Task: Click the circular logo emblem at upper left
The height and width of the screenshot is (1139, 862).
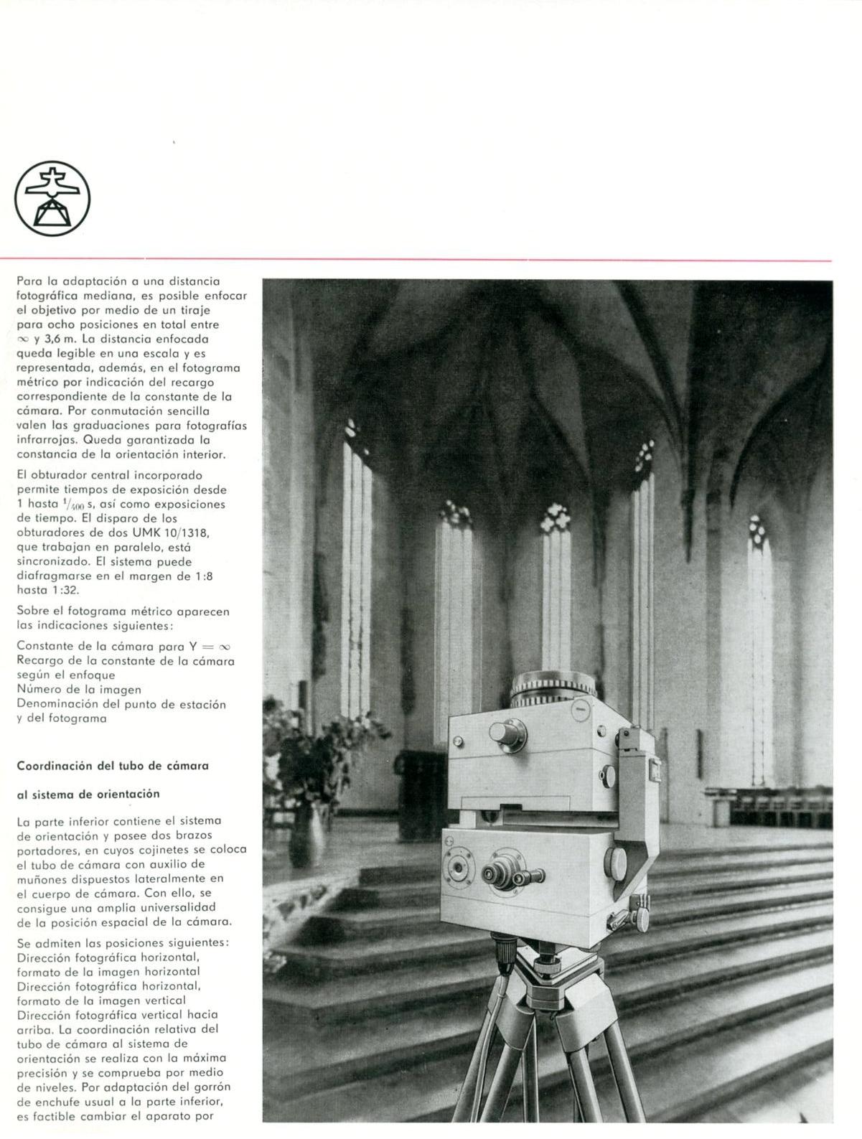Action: tap(52, 198)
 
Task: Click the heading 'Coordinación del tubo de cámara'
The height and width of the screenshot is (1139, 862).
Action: tap(113, 766)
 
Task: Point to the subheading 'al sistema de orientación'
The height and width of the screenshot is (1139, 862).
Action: tap(88, 794)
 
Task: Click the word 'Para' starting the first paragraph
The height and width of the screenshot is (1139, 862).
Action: tap(27, 281)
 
